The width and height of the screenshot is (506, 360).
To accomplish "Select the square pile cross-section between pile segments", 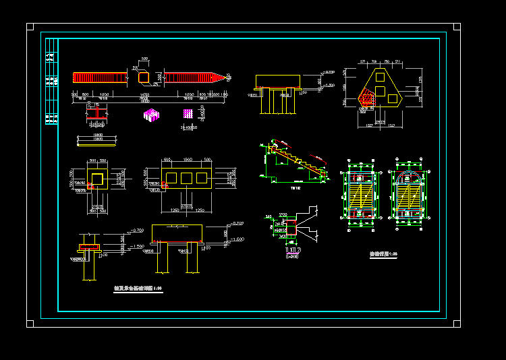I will (144, 78).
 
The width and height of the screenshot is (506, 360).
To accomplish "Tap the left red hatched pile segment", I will (100, 78).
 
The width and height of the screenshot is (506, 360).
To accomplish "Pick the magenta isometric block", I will (151, 115).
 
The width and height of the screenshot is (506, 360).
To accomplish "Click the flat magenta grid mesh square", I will (188, 113).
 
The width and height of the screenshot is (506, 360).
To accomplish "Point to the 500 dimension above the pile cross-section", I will (144, 59).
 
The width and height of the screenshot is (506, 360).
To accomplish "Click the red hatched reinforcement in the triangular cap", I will (366, 99).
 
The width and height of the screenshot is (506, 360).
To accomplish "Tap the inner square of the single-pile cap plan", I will (99, 179).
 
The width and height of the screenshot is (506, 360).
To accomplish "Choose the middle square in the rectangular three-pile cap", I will (186, 178).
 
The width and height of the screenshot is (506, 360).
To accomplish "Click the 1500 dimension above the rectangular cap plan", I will (186, 160).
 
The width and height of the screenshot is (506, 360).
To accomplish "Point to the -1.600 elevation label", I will (237, 239).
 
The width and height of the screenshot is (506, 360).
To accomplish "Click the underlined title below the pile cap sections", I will (138, 289).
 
